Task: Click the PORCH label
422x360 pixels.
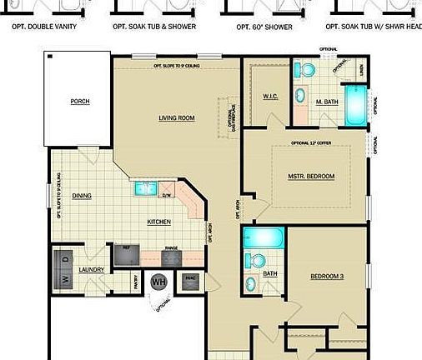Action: pyautogui.click(x=80, y=102)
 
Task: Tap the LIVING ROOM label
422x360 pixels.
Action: pyautogui.click(x=176, y=118)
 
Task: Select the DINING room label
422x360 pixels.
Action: pyautogui.click(x=81, y=197)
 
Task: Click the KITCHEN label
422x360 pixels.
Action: pyautogui.click(x=158, y=222)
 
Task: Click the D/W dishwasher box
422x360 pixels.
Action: pyautogui.click(x=167, y=197)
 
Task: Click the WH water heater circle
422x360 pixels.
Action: pyautogui.click(x=158, y=282)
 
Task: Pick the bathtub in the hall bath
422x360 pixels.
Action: pyautogui.click(x=264, y=240)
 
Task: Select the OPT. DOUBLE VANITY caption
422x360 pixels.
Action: pyautogui.click(x=45, y=27)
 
